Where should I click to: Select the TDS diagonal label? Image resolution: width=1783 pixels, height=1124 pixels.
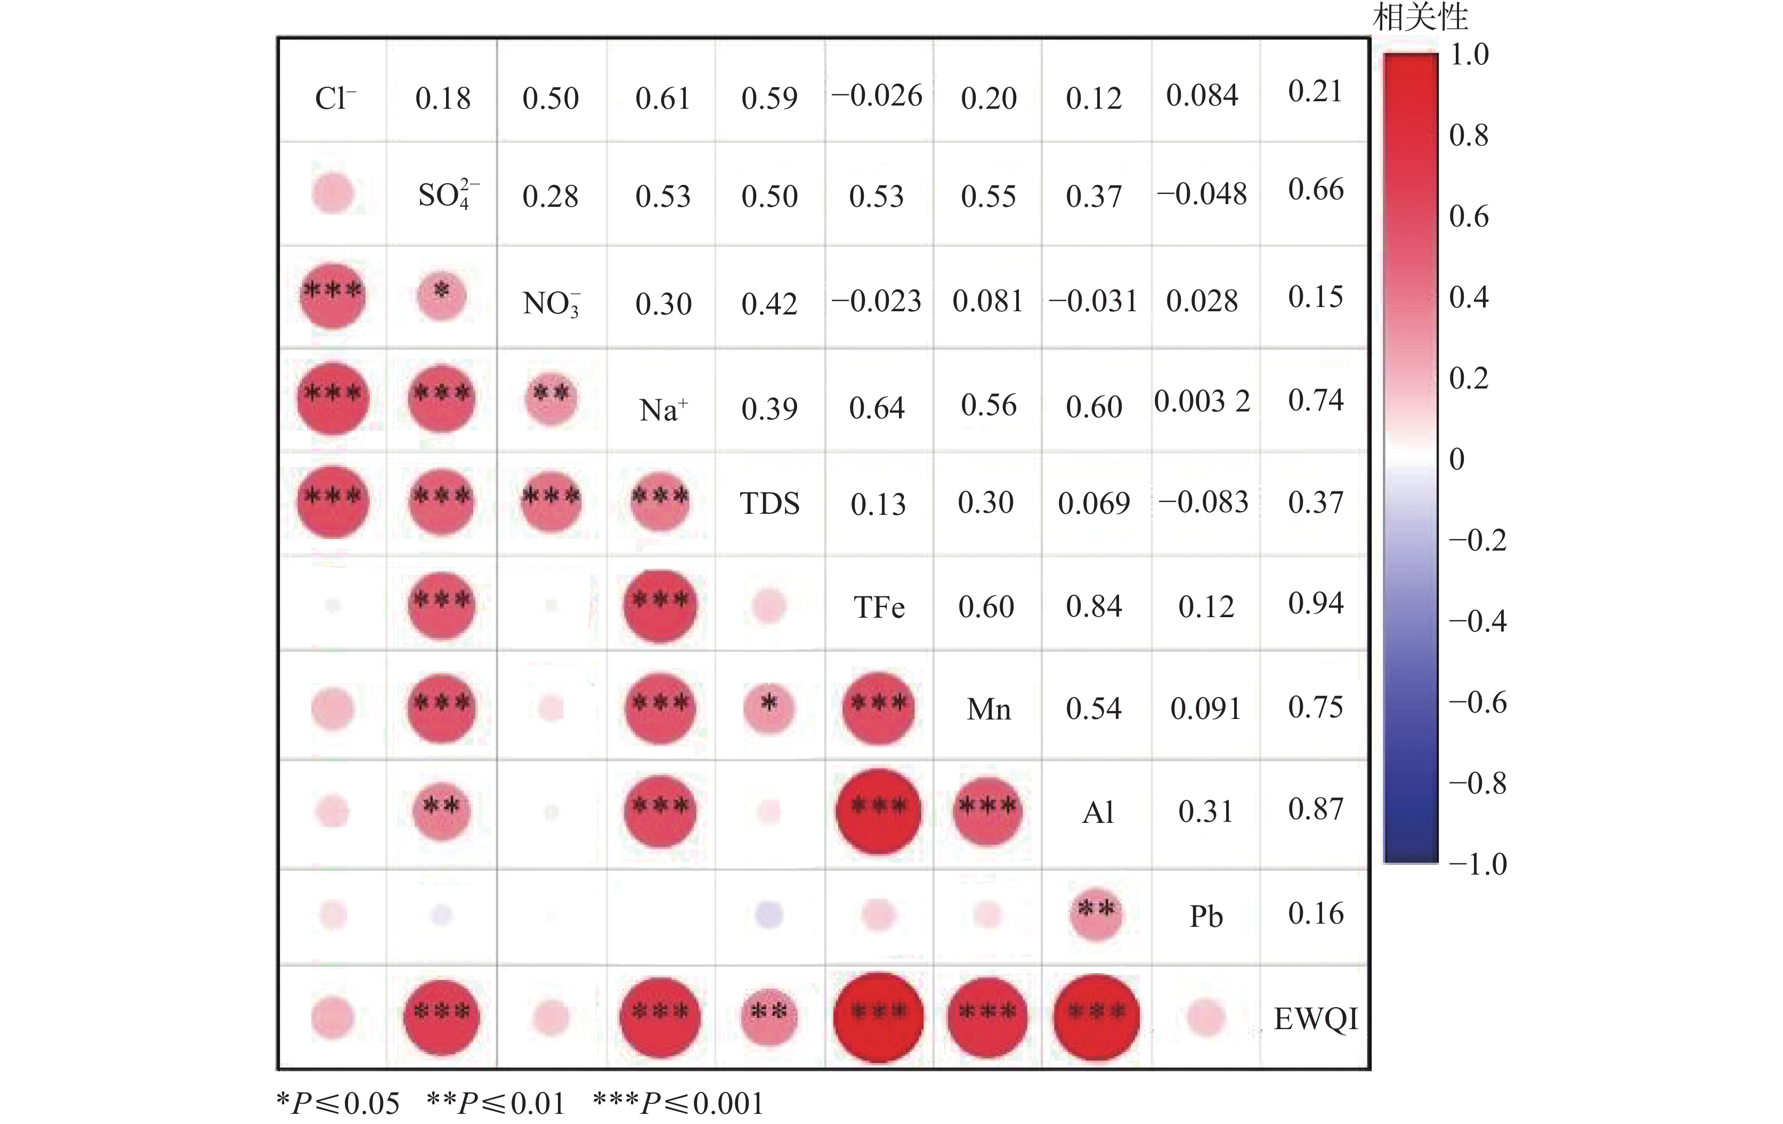tap(769, 504)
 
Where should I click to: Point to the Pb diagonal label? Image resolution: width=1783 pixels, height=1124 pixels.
tap(1205, 917)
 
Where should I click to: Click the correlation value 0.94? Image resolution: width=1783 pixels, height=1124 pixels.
tap(1316, 603)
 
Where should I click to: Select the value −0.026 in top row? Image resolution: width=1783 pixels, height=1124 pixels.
tap(877, 95)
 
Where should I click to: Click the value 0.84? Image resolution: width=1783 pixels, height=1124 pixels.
tap(1093, 607)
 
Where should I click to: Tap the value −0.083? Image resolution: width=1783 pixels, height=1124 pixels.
tap(1203, 503)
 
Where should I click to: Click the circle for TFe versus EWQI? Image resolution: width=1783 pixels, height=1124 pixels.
tap(878, 1017)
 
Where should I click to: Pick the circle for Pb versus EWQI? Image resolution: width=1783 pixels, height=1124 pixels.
tap(1205, 1017)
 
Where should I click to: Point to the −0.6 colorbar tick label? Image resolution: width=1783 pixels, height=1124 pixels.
tap(1477, 702)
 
